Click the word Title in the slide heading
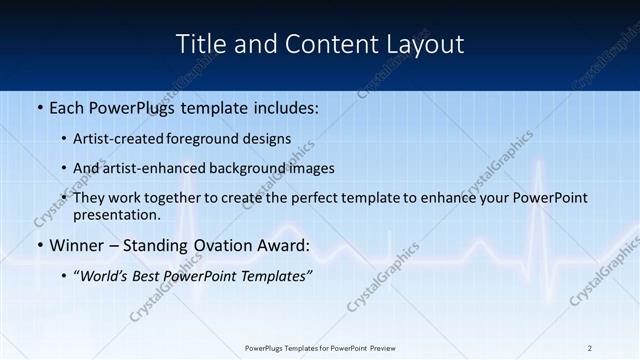tap(199, 44)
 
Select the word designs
tap(269, 139)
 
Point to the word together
tap(180, 198)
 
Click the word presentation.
tap(116, 214)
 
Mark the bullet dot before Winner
tap(39, 246)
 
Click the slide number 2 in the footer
tap(590, 348)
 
